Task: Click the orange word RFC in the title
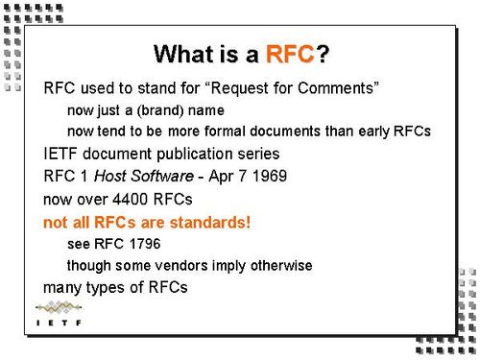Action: (290, 54)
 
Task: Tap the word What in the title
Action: (187, 54)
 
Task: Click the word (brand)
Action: (158, 110)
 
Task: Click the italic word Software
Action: (163, 177)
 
